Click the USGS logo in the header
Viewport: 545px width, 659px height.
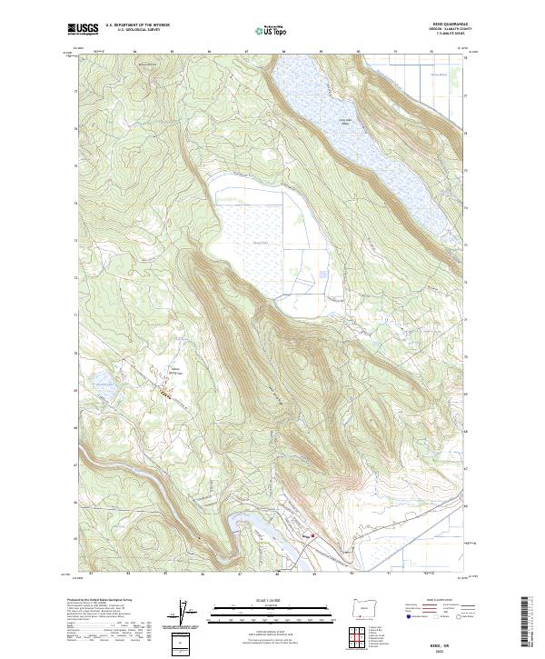(84, 29)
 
